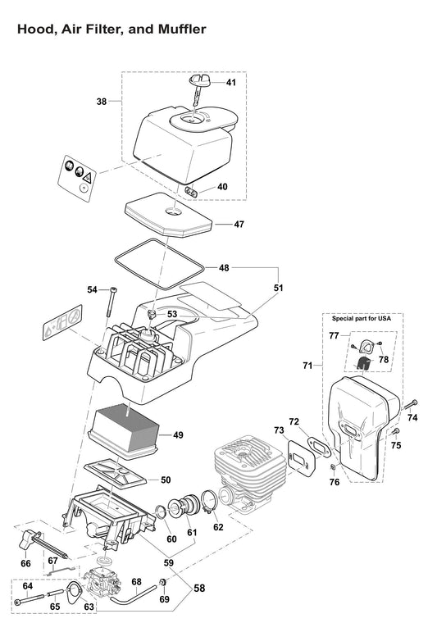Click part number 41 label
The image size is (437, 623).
(x=231, y=83)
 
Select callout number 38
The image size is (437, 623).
(x=102, y=102)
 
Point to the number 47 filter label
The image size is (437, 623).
(x=239, y=224)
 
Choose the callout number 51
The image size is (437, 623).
(x=279, y=289)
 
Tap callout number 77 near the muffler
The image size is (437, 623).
(x=334, y=336)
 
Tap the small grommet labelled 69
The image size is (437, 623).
(x=163, y=583)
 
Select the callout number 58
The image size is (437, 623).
(x=200, y=589)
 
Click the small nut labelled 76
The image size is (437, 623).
(x=334, y=468)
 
